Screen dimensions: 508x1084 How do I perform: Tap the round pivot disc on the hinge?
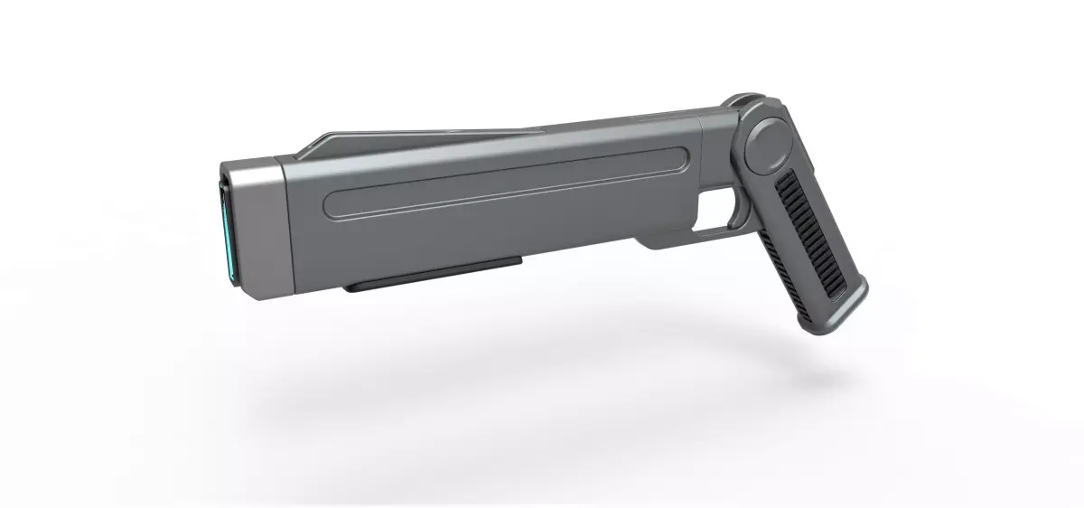(x=768, y=145)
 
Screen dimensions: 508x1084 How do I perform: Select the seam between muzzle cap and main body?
(x=284, y=230)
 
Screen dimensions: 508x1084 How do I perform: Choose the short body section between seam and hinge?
(x=718, y=145)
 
